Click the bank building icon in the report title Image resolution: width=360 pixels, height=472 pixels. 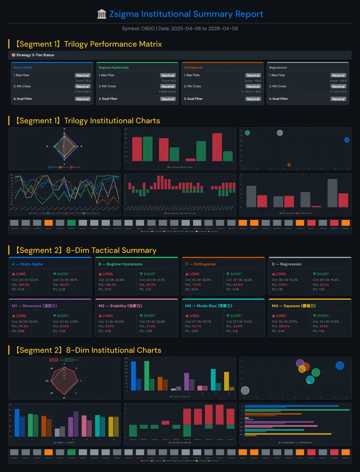(x=102, y=14)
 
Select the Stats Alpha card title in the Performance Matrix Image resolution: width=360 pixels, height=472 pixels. (x=23, y=68)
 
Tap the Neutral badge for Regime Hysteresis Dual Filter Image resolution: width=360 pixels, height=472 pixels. (x=168, y=99)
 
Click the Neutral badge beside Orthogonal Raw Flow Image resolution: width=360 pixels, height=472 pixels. (x=253, y=75)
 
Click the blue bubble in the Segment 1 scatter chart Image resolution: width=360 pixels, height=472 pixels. (x=346, y=140)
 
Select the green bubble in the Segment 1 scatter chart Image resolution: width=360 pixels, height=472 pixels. (x=247, y=133)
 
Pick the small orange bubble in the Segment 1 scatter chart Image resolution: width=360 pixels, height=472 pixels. (x=289, y=165)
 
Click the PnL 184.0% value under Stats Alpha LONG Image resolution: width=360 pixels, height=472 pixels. (x=24, y=285)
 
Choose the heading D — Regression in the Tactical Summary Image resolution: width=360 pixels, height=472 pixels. (x=285, y=264)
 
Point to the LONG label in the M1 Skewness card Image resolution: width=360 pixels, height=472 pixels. (x=21, y=316)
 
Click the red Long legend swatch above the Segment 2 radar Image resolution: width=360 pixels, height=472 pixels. (x=54, y=360)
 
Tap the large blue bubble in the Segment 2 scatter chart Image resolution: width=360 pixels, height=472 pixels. (x=340, y=365)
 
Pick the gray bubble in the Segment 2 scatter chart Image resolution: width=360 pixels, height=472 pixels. (x=245, y=390)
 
